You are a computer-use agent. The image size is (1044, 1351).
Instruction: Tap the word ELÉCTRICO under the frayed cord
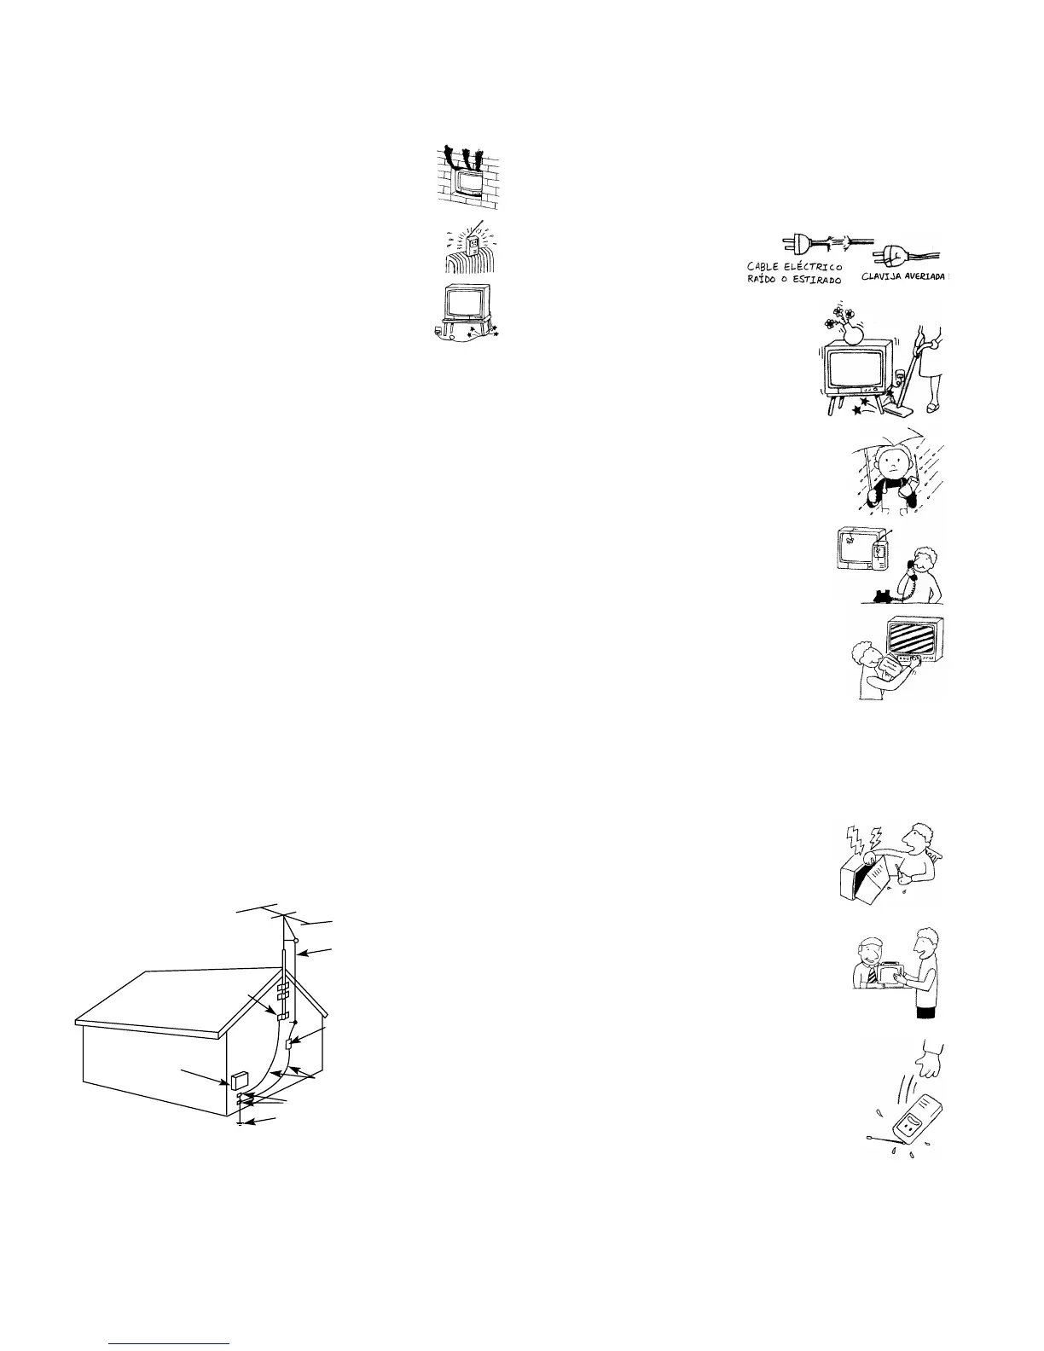(x=808, y=268)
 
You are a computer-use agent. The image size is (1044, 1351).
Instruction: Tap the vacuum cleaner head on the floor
(x=896, y=409)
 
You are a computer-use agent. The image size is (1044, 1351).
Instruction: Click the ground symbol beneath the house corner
(x=241, y=1124)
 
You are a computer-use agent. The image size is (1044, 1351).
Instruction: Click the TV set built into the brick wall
(x=467, y=182)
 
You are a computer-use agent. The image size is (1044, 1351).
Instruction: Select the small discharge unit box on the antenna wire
(x=289, y=1045)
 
